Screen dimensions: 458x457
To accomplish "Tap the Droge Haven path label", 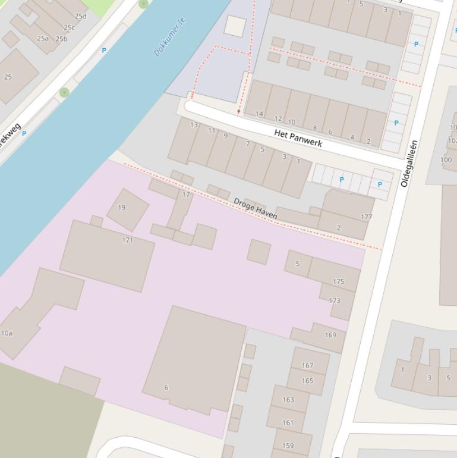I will tap(256, 208).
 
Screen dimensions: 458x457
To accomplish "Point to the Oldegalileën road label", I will tap(409, 164).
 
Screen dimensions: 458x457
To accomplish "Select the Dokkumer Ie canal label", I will tap(169, 37).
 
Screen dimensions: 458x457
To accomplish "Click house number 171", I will tap(127, 240).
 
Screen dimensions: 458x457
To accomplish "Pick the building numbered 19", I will tap(122, 208).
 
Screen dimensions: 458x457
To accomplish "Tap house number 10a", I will tap(7, 333).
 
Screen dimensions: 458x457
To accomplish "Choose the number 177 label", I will tap(366, 217).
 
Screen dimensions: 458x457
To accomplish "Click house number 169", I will tap(330, 335).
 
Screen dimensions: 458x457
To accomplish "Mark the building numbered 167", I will tap(307, 366).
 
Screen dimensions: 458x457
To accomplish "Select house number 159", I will tap(288, 446).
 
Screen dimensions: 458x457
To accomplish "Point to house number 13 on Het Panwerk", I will tap(194, 125).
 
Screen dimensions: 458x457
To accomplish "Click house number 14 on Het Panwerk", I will tap(259, 114).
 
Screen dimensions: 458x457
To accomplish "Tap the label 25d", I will tap(80, 16).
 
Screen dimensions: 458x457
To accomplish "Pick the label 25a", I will tap(43, 39).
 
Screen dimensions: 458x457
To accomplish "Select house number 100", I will tap(446, 160).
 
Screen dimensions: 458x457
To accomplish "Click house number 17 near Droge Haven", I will tap(186, 195).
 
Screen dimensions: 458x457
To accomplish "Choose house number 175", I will tap(339, 282).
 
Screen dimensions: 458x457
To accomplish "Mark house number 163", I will tap(288, 400).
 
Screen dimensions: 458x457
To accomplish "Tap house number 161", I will tap(288, 423).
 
